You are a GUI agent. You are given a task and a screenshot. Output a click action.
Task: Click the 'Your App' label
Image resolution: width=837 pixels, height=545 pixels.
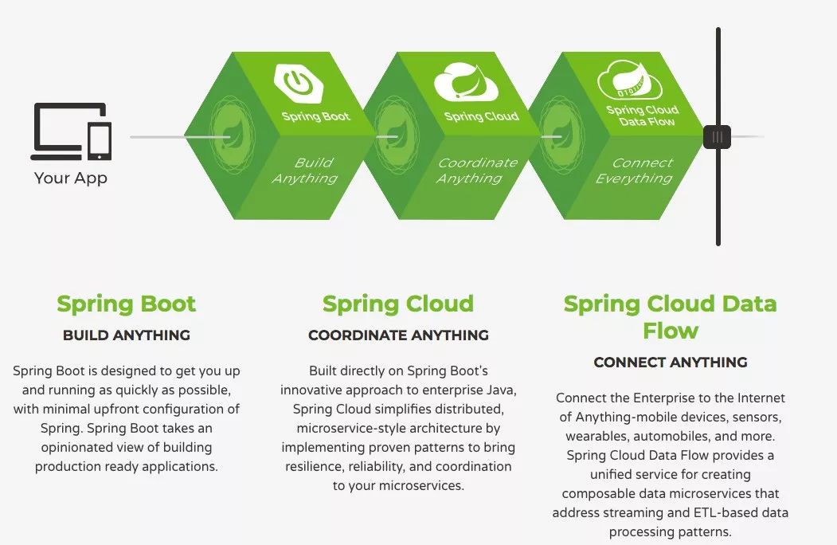tap(70, 178)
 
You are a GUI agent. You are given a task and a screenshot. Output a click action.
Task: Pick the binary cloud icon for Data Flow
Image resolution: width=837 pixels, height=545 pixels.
tap(632, 82)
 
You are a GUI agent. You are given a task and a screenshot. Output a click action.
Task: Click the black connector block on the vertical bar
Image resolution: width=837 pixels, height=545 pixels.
tap(717, 136)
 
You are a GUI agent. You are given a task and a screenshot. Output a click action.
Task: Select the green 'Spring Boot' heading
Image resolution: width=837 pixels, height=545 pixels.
tap(127, 304)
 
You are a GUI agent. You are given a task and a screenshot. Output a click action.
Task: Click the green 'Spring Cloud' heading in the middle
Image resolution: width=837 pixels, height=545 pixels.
tap(398, 304)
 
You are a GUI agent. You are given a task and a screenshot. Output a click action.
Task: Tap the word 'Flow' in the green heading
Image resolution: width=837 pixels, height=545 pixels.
tap(671, 331)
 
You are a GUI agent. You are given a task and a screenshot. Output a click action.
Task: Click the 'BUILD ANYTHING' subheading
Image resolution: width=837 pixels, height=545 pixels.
tap(127, 335)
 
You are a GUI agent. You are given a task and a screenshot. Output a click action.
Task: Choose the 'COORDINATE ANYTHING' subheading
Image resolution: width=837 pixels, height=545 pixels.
tap(398, 335)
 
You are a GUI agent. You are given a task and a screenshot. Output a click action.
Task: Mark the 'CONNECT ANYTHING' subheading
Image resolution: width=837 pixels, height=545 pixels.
tap(671, 363)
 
